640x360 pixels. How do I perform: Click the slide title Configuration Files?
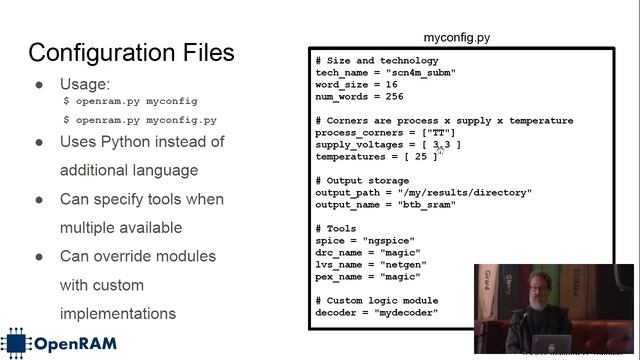pyautogui.click(x=131, y=52)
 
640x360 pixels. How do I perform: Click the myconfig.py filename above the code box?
pyautogui.click(x=456, y=38)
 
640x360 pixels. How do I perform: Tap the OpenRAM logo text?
pyautogui.click(x=76, y=344)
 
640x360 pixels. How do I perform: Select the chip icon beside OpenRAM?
pyautogui.click(x=17, y=343)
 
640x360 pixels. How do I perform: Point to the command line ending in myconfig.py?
pyautogui.click(x=140, y=120)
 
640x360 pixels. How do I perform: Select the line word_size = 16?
pyautogui.click(x=355, y=85)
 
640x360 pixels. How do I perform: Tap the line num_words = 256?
pyautogui.click(x=359, y=97)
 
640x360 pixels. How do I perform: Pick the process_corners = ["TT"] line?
pyautogui.click(x=385, y=133)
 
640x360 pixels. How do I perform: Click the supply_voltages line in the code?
pyautogui.click(x=387, y=145)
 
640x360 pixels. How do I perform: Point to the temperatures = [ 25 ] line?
pyautogui.click(x=376, y=157)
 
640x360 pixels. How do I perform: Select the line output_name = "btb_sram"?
pyautogui.click(x=385, y=205)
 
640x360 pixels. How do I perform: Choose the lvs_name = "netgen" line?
pyautogui.click(x=367, y=265)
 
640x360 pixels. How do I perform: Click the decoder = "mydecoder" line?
pyautogui.click(x=376, y=313)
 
